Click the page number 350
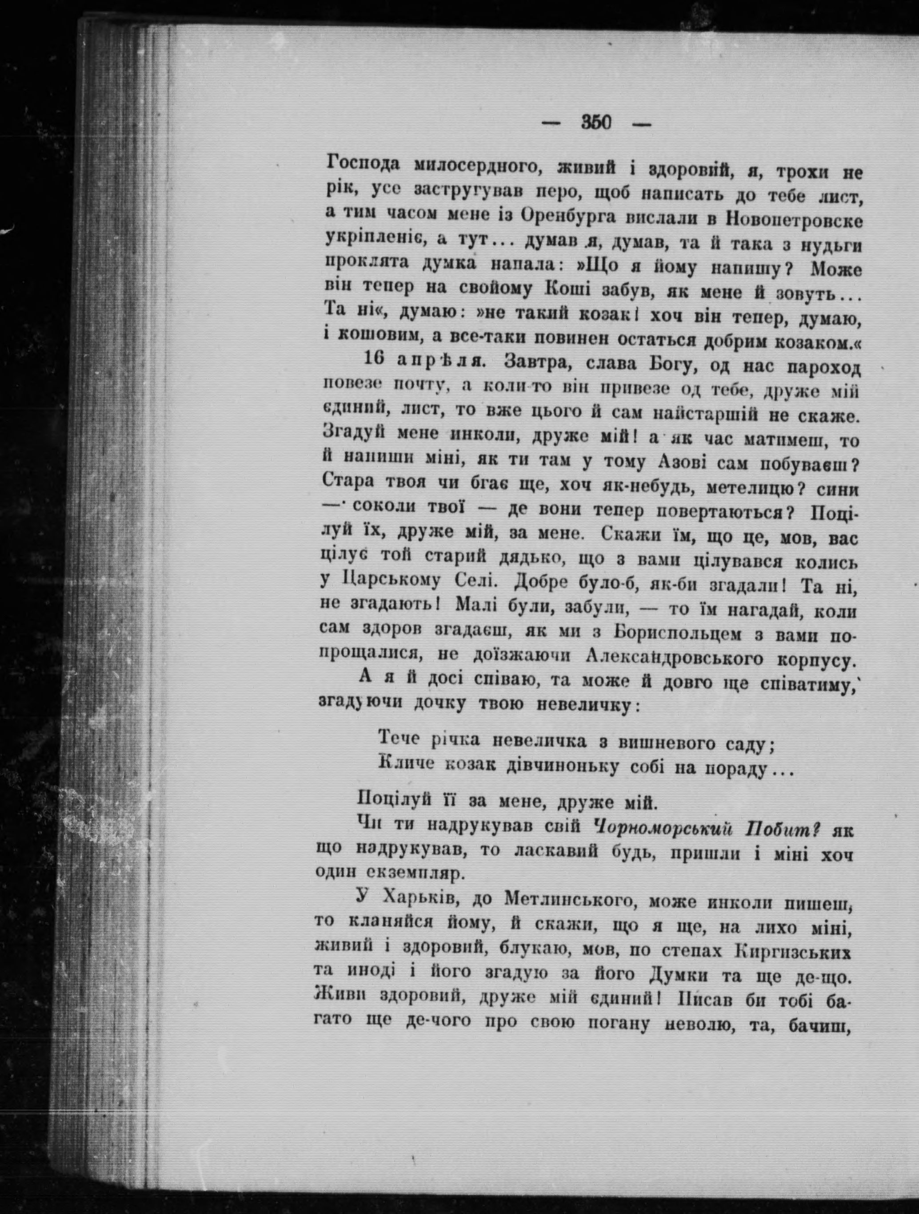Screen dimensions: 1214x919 [x=596, y=123]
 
